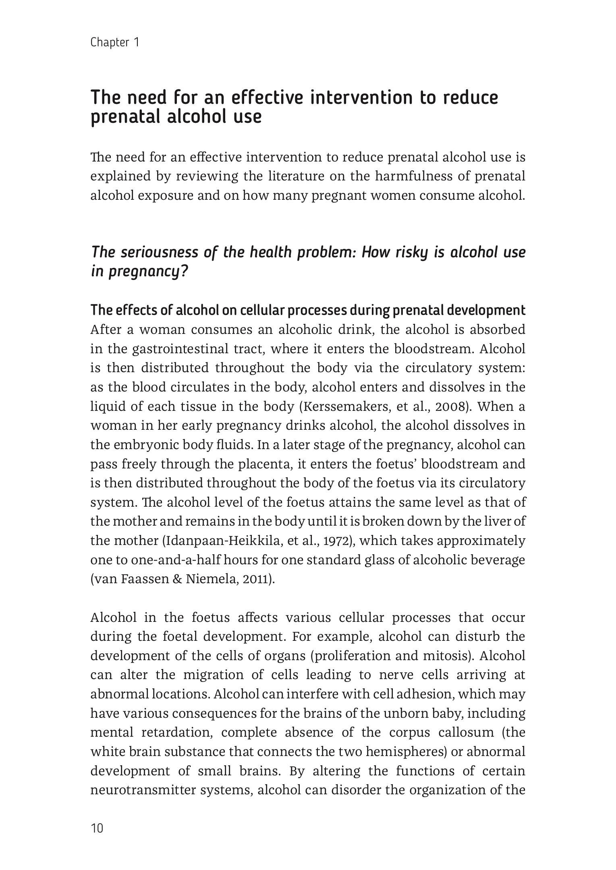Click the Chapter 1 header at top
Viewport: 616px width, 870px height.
point(115,42)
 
